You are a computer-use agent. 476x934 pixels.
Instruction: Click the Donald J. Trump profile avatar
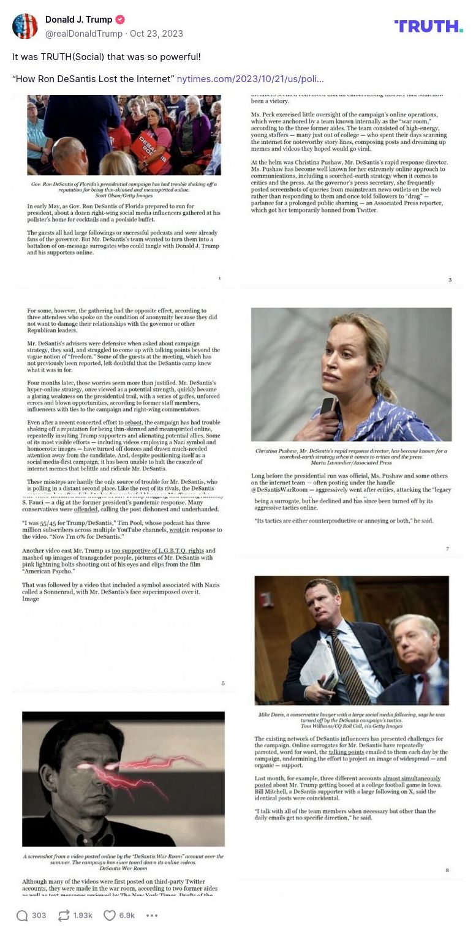click(x=25, y=26)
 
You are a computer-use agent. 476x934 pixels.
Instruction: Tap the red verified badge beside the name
click(x=121, y=20)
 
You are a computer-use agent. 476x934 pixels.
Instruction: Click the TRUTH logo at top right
click(x=428, y=26)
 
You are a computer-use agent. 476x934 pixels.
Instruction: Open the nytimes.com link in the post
click(x=250, y=79)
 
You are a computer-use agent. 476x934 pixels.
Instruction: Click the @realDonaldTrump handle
click(x=83, y=34)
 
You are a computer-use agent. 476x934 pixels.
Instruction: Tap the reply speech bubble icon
click(x=22, y=916)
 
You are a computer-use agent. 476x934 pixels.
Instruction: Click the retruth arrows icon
click(x=64, y=916)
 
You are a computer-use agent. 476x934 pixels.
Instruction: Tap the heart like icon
click(x=109, y=916)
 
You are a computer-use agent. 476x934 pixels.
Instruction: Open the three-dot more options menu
click(x=152, y=916)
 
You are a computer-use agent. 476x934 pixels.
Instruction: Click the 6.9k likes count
click(x=127, y=916)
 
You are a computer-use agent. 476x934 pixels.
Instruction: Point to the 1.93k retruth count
click(x=83, y=916)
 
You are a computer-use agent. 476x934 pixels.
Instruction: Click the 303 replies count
click(x=39, y=916)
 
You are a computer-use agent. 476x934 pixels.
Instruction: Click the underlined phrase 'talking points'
click(x=346, y=752)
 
